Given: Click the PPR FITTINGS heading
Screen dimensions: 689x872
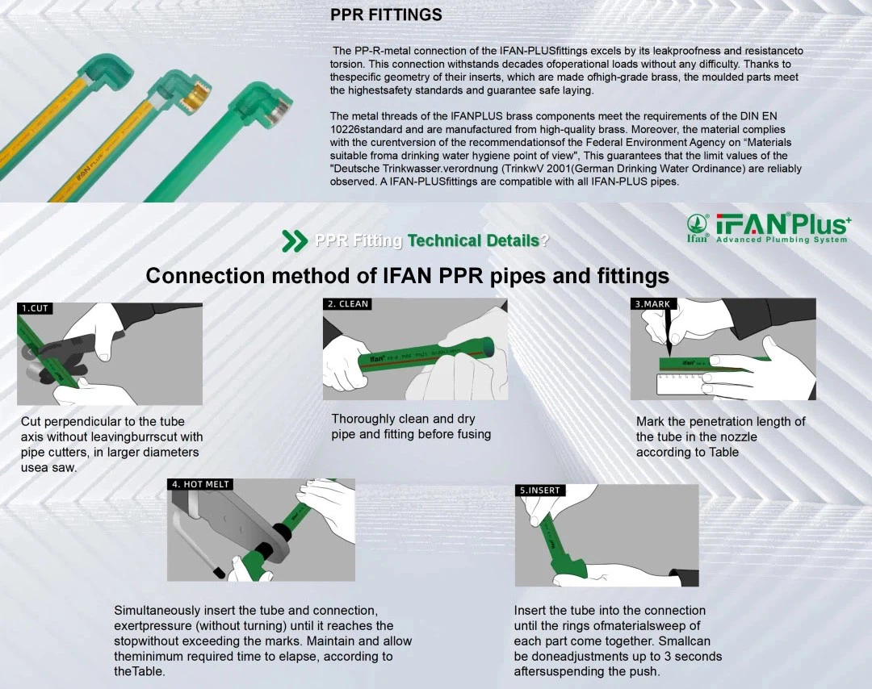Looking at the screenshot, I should coord(386,15).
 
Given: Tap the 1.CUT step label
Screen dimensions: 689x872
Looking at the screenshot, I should coord(35,308).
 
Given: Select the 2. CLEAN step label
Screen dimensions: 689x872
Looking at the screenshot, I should coord(348,304).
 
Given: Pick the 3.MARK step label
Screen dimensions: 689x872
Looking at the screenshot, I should coord(652,304).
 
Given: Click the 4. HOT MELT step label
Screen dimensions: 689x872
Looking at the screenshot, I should coord(200,484).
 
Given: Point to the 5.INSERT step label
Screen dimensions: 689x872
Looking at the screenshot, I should coord(539,490).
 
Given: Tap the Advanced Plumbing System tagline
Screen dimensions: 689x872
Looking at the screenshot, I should coord(782,240).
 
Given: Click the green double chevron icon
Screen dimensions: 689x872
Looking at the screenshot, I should coord(294,240).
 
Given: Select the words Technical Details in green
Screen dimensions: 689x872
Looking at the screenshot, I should coord(473,240).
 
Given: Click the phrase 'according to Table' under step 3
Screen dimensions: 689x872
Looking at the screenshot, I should coord(687,452).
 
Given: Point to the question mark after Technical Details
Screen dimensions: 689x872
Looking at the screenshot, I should coord(545,240).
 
